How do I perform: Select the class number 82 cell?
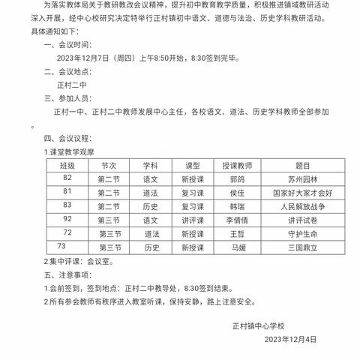[x=67, y=178]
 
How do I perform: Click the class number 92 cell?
[x=67, y=219]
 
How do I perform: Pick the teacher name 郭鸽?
[x=238, y=179]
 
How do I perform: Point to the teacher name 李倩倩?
[x=238, y=220]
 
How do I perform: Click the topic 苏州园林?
[x=303, y=179]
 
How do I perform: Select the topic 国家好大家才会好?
[x=303, y=193]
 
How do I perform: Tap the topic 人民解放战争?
[x=303, y=205]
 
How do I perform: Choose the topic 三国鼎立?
[x=303, y=247]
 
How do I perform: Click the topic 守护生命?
[x=303, y=233]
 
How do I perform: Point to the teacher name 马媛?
[x=238, y=247]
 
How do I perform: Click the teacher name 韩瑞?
[x=238, y=205]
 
